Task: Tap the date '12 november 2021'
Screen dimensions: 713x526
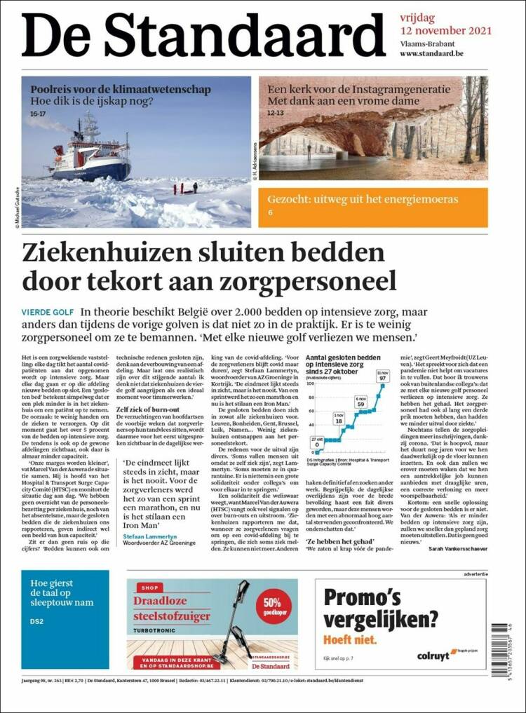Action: coord(445,31)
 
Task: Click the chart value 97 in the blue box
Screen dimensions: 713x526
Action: coord(383,378)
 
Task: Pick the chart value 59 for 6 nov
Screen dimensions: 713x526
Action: coord(361,404)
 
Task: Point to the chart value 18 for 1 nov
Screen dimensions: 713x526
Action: coord(339,421)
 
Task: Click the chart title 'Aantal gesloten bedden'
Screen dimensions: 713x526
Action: coord(344,357)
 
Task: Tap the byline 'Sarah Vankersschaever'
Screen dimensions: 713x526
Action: coord(446,550)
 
